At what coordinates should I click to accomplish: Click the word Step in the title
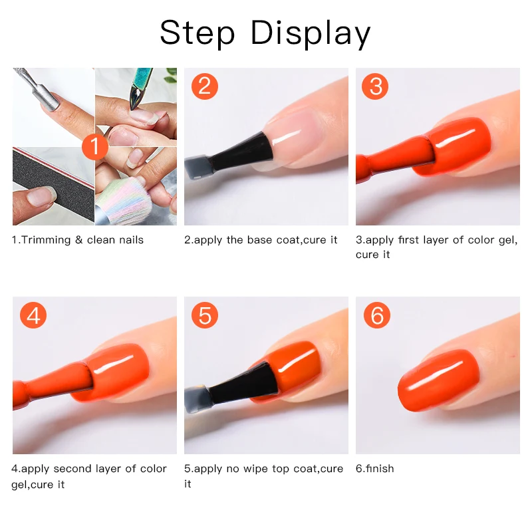pos(198,33)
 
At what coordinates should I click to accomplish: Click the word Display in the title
pos(310,33)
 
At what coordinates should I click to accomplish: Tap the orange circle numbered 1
pos(94,146)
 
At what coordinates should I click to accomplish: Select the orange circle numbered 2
pos(205,86)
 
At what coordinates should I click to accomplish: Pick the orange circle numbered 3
pos(376,86)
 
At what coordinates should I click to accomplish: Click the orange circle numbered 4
pos(33,315)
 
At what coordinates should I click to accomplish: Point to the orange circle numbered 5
pos(205,315)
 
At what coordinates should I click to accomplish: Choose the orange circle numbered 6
pos(376,315)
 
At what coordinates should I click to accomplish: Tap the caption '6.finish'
pos(374,468)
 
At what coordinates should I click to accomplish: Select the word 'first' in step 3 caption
pos(411,239)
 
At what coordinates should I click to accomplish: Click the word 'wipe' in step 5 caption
pos(261,468)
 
